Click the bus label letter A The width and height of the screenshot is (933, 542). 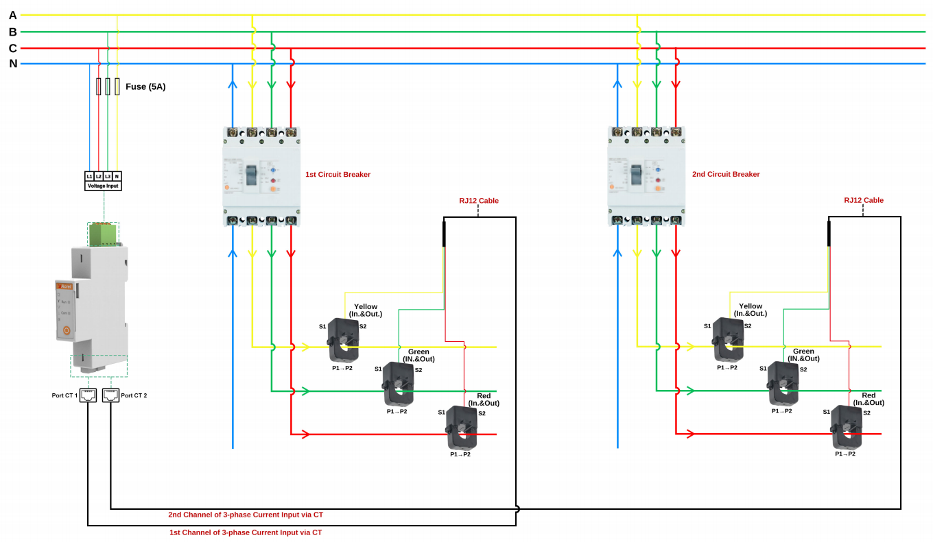(12, 15)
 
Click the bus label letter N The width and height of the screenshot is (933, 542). (12, 64)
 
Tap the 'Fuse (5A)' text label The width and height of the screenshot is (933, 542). (145, 87)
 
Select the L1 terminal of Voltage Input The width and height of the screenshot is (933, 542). (89, 176)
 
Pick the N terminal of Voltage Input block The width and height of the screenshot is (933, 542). (117, 176)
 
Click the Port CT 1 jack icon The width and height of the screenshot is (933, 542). (88, 395)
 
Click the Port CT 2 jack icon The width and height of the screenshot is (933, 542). (110, 395)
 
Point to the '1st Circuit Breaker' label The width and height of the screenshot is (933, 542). (338, 175)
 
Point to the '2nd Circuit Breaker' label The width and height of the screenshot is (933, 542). (726, 175)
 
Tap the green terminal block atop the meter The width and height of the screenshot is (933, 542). (103, 234)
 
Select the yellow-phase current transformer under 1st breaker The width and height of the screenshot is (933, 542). (343, 339)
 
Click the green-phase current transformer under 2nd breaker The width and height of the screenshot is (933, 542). (783, 384)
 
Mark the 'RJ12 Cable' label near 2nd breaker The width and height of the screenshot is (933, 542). (864, 201)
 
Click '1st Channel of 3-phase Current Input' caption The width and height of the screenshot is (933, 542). (246, 532)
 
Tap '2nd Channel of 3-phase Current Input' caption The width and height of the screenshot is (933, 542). (246, 515)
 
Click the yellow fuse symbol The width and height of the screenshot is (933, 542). (117, 86)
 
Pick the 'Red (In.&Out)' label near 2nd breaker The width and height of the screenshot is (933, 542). (869, 399)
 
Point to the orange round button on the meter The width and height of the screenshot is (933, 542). (67, 330)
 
